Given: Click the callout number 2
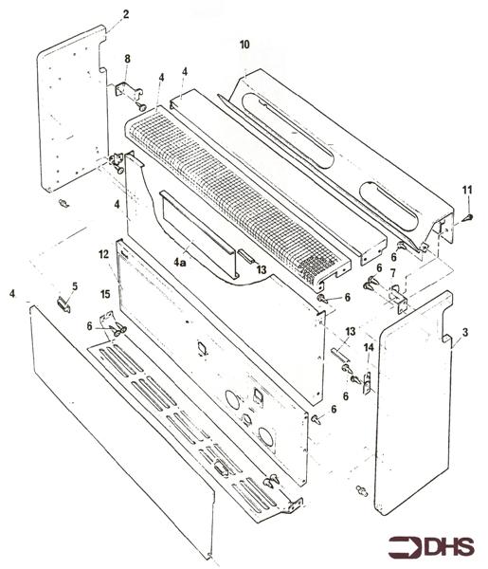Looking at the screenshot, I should [x=126, y=14].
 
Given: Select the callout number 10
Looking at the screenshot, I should [x=244, y=46].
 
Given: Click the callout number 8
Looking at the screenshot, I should [x=128, y=61].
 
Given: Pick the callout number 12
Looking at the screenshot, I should [x=103, y=255].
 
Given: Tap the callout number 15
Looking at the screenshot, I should [x=105, y=295].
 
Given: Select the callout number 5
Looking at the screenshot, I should [x=75, y=285].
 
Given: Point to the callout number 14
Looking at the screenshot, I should [x=369, y=348].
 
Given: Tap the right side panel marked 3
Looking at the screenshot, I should [x=412, y=408].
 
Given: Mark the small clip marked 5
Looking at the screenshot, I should [x=64, y=303].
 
